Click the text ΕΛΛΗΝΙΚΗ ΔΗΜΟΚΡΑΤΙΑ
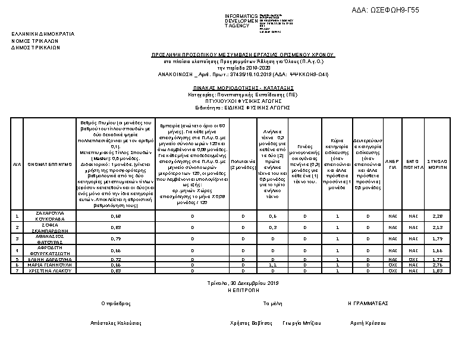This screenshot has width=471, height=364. (43, 34)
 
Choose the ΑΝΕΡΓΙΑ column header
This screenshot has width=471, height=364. (392, 164)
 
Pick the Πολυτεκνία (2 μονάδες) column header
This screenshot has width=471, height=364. (243, 164)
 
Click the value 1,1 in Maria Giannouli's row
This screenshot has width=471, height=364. (273, 265)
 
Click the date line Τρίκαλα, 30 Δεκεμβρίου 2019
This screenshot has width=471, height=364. (243, 283)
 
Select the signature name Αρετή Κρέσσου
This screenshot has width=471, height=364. (368, 323)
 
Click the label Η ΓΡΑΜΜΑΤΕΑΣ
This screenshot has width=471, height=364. (368, 303)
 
